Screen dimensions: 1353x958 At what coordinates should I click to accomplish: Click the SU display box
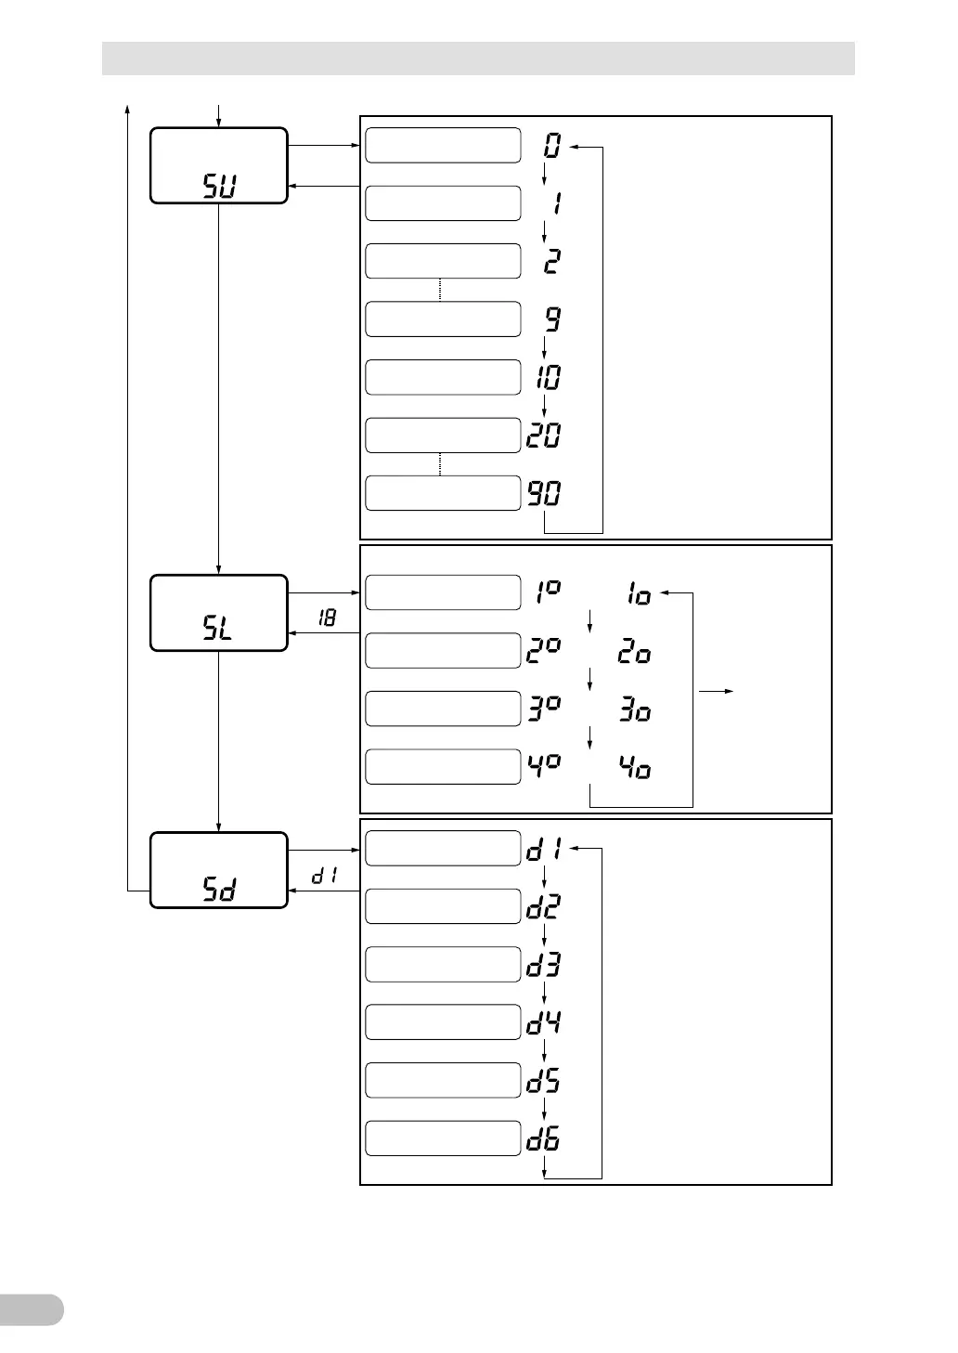click(219, 165)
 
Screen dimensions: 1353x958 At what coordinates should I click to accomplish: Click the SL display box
click(219, 613)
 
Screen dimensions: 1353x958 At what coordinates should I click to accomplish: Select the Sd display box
click(219, 870)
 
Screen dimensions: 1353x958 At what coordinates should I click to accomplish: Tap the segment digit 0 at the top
click(553, 146)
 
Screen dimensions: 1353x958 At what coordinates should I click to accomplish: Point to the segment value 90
click(545, 493)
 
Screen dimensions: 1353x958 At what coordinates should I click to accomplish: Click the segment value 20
click(545, 435)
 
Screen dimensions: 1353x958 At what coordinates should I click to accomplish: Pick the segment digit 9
click(553, 319)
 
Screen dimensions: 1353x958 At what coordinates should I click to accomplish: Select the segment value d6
click(544, 1138)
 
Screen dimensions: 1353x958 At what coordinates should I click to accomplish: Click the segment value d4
click(544, 1022)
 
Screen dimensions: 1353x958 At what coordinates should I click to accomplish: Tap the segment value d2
click(544, 906)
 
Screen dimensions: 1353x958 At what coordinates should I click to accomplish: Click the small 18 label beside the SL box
click(327, 617)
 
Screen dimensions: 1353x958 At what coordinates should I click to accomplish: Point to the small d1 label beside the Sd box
click(324, 875)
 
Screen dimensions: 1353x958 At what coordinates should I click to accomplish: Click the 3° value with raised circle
click(545, 709)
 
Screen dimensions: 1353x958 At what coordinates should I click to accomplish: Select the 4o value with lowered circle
click(635, 767)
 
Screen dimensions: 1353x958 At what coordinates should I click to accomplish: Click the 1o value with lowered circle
click(639, 594)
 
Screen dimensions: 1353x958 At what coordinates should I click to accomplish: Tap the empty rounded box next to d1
click(443, 848)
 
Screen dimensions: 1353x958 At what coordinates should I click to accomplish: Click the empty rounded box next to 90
click(443, 493)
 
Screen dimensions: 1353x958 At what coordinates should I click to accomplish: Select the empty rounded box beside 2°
click(443, 650)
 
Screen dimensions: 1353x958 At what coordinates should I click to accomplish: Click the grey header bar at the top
click(478, 58)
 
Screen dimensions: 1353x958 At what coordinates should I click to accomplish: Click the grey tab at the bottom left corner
click(32, 1309)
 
